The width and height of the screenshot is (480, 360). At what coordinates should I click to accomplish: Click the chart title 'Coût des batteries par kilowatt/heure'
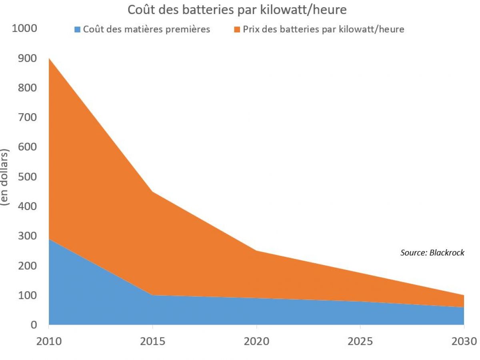coord(237,10)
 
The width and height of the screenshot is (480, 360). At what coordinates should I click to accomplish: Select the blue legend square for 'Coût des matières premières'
coord(77,29)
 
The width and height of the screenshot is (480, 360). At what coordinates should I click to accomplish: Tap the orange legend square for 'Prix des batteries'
coord(237,29)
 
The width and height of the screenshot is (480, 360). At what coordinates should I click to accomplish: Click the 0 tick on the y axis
coord(34,325)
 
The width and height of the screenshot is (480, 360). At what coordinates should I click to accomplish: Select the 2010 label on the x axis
coord(49,341)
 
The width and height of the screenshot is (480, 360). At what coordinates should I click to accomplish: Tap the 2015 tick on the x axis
coord(152,341)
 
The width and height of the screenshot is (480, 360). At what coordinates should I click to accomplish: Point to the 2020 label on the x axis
coord(256,341)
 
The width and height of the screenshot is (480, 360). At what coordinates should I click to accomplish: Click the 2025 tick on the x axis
coord(360,341)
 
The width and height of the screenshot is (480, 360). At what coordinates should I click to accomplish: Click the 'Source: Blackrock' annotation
coord(432,253)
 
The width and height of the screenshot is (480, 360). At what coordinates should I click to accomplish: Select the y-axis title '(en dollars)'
coord(6,177)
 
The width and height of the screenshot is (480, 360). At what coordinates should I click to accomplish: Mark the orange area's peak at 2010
coord(49,58)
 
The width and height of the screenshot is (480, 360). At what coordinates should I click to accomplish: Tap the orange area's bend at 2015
coord(152,192)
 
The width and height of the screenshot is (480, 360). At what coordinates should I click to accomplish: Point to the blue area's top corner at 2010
coord(49,239)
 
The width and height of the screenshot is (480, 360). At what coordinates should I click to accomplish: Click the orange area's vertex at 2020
coord(256,251)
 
